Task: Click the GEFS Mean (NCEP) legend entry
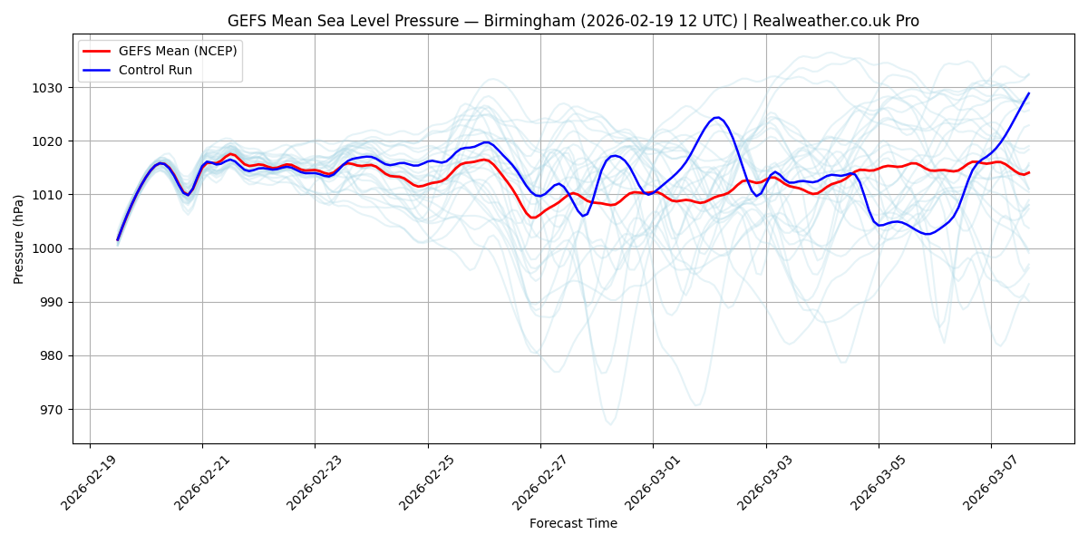pyautogui.click(x=178, y=51)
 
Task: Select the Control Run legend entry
pyautogui.click(x=155, y=70)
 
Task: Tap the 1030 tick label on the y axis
pyautogui.click(x=48, y=88)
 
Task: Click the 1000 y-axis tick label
pyautogui.click(x=48, y=248)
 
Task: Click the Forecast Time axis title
pyautogui.click(x=573, y=523)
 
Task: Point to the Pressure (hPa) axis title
pyautogui.click(x=19, y=239)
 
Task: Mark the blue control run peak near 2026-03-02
pyautogui.click(x=716, y=117)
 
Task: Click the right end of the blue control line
pyautogui.click(x=1029, y=92)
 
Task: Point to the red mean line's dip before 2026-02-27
pyautogui.click(x=533, y=218)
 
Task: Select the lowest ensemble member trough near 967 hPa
pyautogui.click(x=610, y=423)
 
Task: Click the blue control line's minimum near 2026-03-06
pyautogui.click(x=928, y=234)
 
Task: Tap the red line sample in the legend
pyautogui.click(x=98, y=51)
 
